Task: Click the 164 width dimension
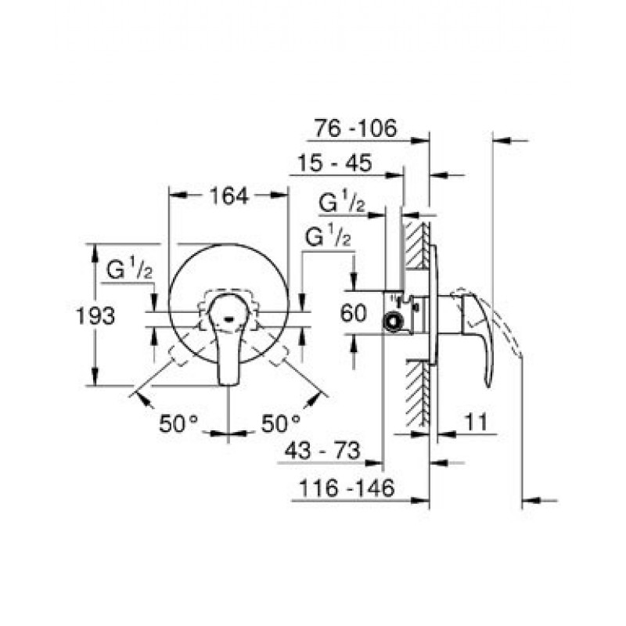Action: (x=228, y=196)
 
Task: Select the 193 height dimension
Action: (x=95, y=316)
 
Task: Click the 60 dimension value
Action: (x=354, y=314)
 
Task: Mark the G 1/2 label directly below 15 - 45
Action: (x=342, y=203)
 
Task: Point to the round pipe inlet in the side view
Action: (x=392, y=320)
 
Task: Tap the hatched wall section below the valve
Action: (x=417, y=395)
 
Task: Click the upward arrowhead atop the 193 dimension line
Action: (x=95, y=250)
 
